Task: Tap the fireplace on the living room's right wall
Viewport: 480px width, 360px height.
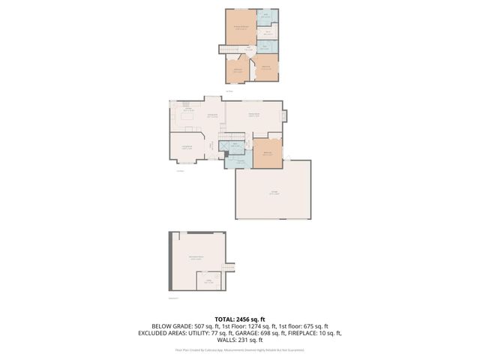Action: (x=284, y=115)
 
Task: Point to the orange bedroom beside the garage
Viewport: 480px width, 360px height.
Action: (x=267, y=153)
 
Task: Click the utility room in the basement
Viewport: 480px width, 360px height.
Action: (x=209, y=282)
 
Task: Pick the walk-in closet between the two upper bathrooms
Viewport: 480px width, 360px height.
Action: (x=268, y=32)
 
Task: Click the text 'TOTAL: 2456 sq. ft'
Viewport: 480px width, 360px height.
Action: (x=239, y=319)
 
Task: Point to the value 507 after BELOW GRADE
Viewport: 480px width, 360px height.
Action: (x=186, y=326)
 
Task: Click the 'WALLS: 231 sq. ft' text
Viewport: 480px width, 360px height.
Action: (x=240, y=341)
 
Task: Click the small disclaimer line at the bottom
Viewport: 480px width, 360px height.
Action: (x=240, y=349)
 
